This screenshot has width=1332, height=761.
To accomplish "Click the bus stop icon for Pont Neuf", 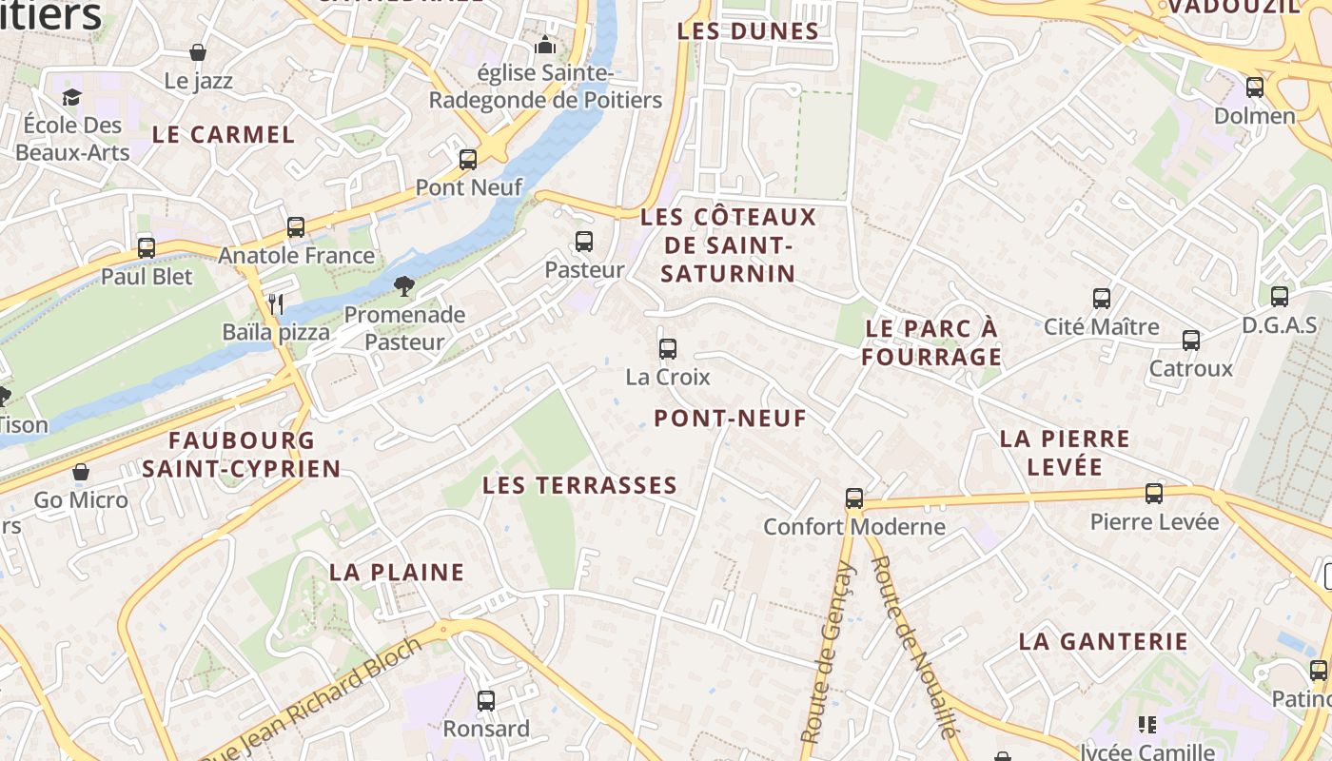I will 467,160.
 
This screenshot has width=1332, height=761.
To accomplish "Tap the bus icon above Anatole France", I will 296,227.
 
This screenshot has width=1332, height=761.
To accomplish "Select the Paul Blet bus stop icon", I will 147,248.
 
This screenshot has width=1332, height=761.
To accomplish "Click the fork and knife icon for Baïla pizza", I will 276,304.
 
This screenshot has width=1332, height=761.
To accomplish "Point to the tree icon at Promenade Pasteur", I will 404,286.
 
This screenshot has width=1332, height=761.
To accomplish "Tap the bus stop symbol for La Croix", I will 668,349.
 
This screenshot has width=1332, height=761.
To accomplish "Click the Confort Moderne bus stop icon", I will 854,498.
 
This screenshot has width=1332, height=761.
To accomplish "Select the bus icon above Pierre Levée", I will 1154,494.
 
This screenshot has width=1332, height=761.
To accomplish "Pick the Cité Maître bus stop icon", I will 1102,299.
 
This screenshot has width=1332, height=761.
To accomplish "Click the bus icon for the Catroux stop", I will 1190,341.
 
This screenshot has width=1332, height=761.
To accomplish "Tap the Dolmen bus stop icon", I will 1255,88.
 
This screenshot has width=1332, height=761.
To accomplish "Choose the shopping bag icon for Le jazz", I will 198,52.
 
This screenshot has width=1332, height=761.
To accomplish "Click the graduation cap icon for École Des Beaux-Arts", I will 71,97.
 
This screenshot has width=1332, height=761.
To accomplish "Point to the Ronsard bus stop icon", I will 486,701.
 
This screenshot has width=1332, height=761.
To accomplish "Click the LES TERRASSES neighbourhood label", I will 579,485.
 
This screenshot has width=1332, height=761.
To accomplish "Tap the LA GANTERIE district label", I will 1104,641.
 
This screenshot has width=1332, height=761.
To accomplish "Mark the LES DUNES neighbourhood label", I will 748,30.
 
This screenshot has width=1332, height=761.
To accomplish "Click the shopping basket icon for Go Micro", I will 81,472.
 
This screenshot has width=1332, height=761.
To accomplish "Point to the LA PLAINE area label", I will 397,572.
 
